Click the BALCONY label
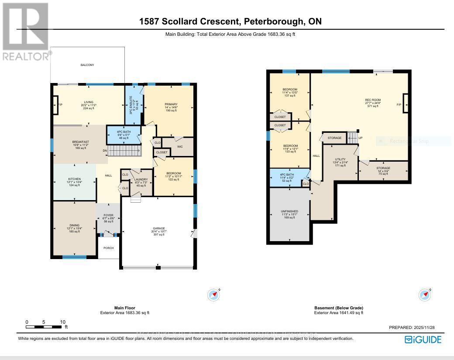(87, 65)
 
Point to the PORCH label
(108, 248)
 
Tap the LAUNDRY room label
(141, 179)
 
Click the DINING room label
(74, 225)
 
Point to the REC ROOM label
(373, 100)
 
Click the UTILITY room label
(340, 159)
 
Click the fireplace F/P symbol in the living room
(55, 105)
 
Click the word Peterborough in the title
(280, 21)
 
